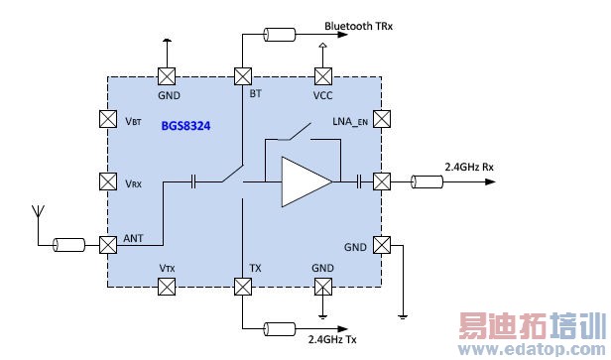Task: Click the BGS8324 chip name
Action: (x=185, y=126)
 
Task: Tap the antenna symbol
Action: (x=38, y=212)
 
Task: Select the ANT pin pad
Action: (x=108, y=245)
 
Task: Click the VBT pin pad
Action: (x=108, y=119)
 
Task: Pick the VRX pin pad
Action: (x=108, y=181)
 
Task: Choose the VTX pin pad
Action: (x=167, y=287)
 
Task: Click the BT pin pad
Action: (x=243, y=76)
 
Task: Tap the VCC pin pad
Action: (x=323, y=76)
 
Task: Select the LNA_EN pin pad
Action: (x=382, y=119)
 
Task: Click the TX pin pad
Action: (x=243, y=287)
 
